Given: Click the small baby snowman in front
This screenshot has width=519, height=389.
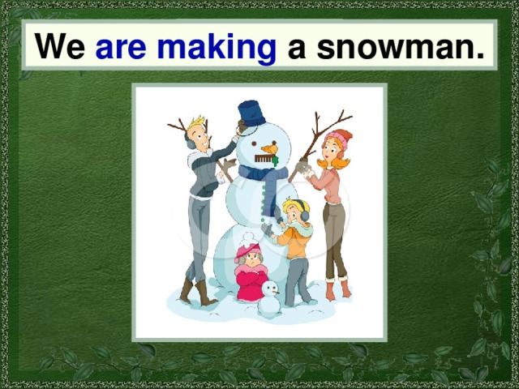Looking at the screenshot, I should (268, 299).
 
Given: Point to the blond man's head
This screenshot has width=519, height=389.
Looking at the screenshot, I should (197, 132).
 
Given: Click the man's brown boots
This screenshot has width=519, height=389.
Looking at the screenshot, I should (195, 293).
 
